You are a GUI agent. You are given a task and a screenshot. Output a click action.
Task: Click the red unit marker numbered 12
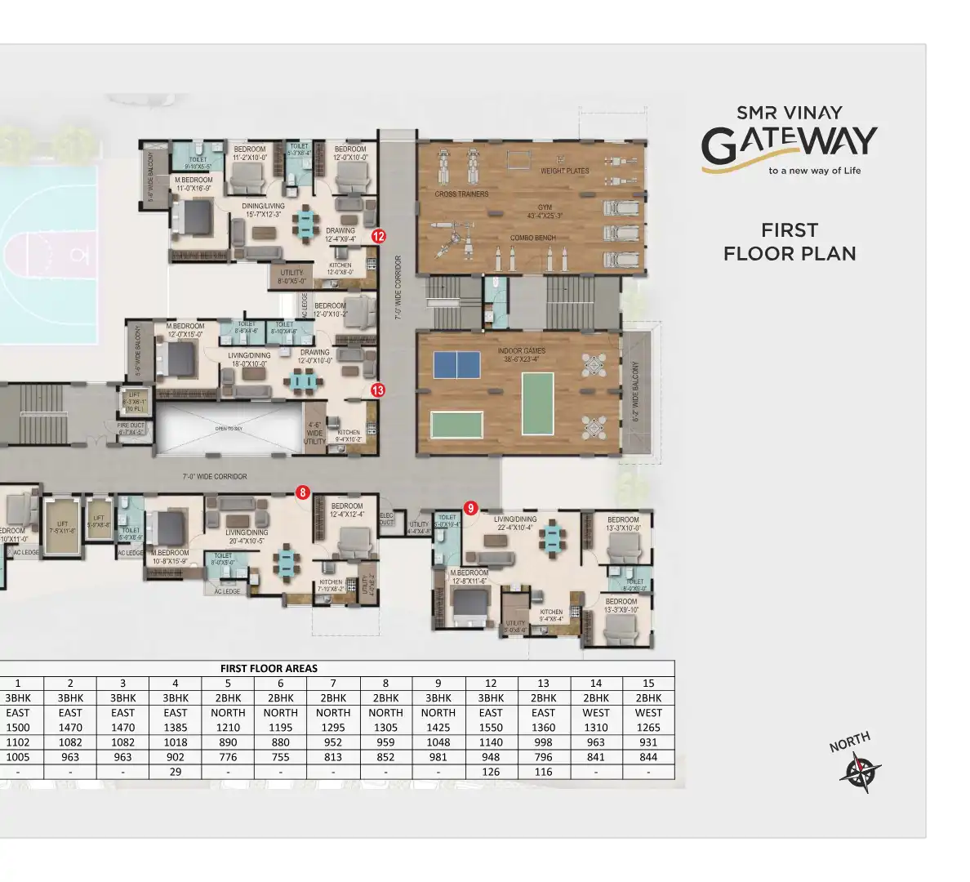point(378,236)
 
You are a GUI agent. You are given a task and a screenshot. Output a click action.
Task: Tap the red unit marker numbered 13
point(377,390)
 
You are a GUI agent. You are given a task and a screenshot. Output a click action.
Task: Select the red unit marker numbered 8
point(303,492)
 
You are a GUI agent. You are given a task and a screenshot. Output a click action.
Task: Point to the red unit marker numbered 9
point(470,508)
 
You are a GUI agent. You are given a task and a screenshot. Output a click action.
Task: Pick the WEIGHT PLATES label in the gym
point(564,171)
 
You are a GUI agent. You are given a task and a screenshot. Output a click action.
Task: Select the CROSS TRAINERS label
point(461,194)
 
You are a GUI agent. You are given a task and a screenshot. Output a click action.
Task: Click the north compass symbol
point(860,771)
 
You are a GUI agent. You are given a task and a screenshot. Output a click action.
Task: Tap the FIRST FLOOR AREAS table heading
point(269,668)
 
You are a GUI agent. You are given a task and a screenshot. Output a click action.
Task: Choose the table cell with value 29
point(176,772)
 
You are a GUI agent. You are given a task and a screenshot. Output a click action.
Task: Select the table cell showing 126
point(491,772)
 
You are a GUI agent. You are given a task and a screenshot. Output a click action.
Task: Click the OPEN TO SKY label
point(229,429)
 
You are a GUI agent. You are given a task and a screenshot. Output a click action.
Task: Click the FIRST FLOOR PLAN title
point(790,242)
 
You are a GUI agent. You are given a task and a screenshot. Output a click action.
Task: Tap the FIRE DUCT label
point(131,429)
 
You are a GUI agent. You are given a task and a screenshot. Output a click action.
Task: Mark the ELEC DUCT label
point(387,519)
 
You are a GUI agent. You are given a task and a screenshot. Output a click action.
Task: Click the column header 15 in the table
point(648,683)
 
